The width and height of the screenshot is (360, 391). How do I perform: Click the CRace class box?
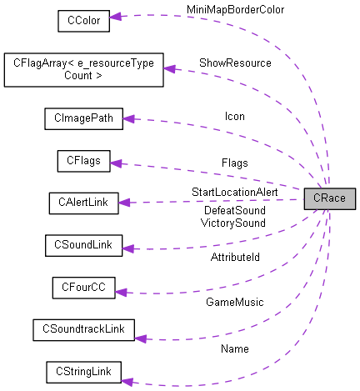(x=330, y=199)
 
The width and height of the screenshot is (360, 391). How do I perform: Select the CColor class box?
(x=83, y=20)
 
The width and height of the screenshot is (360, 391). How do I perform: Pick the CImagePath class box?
(x=83, y=119)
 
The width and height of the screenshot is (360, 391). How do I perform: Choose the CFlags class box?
(x=83, y=161)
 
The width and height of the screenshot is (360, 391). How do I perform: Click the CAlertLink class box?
(x=83, y=202)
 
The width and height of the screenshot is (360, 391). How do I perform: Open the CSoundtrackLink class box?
(x=83, y=329)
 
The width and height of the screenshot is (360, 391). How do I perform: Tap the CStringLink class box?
(x=83, y=370)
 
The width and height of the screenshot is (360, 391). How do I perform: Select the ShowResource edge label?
(x=234, y=63)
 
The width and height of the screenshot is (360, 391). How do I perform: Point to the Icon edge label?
(x=235, y=116)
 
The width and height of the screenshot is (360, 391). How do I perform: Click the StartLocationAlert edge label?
(x=234, y=193)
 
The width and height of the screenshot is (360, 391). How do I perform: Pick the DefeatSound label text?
(x=234, y=211)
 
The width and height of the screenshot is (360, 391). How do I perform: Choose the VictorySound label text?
(x=234, y=223)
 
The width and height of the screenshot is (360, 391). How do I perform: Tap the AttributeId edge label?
(x=234, y=258)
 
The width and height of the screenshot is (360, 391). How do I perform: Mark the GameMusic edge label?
(x=234, y=301)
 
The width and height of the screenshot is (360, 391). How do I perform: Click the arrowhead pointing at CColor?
(x=117, y=16)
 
